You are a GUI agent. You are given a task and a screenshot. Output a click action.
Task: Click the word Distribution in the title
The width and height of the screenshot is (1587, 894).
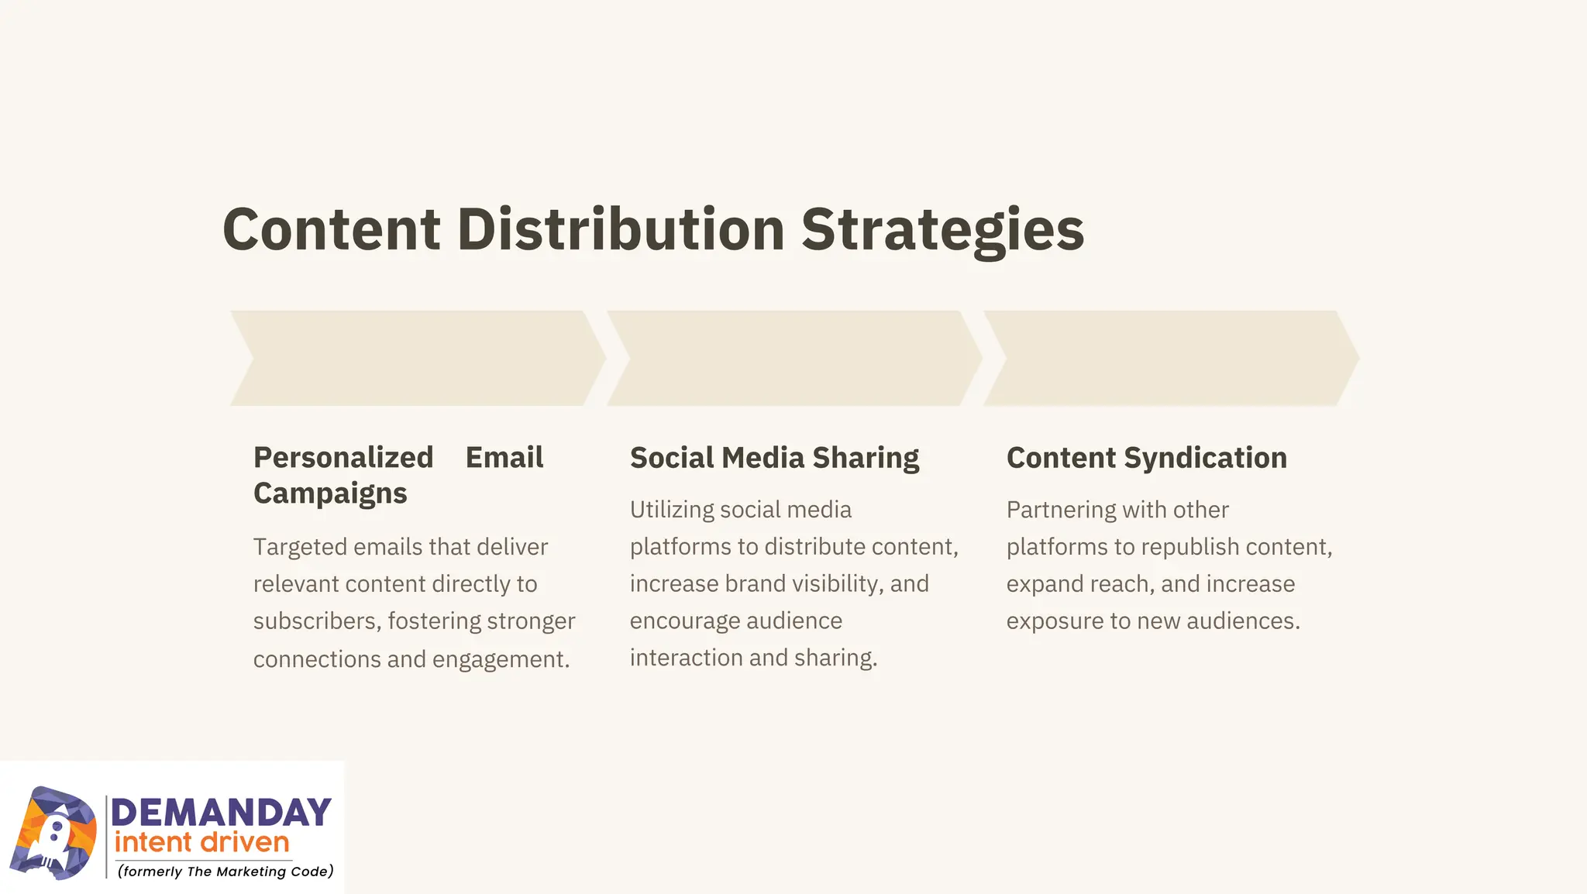coord(621,229)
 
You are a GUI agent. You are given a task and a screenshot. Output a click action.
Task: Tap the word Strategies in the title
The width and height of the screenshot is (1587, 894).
coord(942,229)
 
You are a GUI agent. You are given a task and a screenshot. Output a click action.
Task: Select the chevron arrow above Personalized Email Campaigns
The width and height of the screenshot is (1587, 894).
coord(418,359)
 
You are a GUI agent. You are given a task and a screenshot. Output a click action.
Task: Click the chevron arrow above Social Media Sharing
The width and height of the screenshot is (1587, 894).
coord(794,359)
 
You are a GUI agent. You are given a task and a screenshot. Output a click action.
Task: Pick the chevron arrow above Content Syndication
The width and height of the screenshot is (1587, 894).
coord(1171,359)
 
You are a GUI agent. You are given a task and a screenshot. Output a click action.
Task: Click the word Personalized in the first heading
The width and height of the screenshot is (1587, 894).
coord(343,458)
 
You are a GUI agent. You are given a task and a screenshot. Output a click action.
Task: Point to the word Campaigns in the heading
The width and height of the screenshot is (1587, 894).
coord(330,493)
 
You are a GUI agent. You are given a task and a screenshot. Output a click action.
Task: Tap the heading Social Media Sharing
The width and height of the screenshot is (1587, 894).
coord(774,458)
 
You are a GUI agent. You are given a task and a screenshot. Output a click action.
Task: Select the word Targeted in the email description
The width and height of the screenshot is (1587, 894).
coord(300,547)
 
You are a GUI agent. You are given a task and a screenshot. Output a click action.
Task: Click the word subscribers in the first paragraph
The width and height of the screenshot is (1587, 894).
coord(316,621)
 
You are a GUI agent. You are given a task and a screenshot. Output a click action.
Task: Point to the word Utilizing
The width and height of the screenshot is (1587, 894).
coord(672,510)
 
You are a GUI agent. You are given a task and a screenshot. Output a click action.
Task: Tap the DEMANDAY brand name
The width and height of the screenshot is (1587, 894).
coord(222,813)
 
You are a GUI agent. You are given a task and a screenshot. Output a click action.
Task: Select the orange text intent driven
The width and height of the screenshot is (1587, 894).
coord(201,842)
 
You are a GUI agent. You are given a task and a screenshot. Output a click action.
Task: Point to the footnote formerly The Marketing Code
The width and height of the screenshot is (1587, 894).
coord(225,872)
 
